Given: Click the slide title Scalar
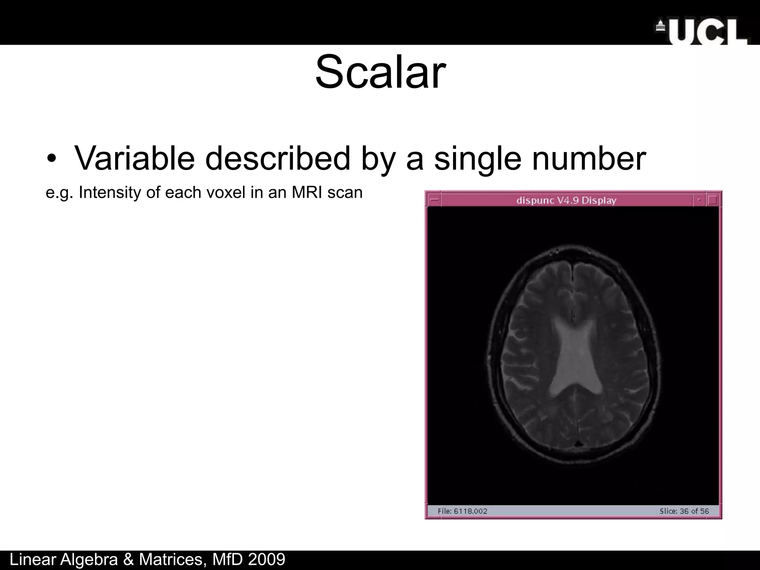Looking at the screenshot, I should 380,72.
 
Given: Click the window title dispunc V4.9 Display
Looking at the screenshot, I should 566,201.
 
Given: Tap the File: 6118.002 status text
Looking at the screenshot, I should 462,511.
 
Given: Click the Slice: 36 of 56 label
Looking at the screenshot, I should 684,511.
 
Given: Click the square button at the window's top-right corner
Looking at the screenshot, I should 712,200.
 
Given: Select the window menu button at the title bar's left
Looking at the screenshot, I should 433,200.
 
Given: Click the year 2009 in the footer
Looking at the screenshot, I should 266,560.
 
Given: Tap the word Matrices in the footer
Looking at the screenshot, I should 171,560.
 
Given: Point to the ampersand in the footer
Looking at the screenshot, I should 128,560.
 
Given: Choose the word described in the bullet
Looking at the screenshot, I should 278,158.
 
